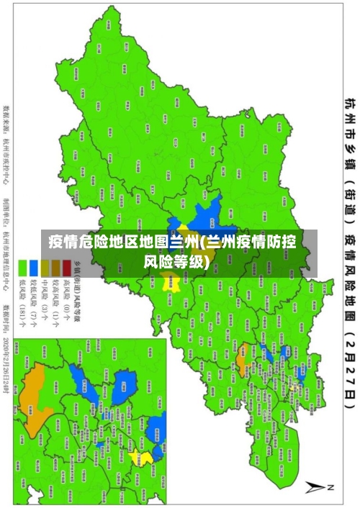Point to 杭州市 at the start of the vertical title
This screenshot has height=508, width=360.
tap(349, 115)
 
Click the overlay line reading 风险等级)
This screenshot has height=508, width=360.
tap(180, 241)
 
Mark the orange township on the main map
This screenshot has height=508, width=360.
tap(243, 354)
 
